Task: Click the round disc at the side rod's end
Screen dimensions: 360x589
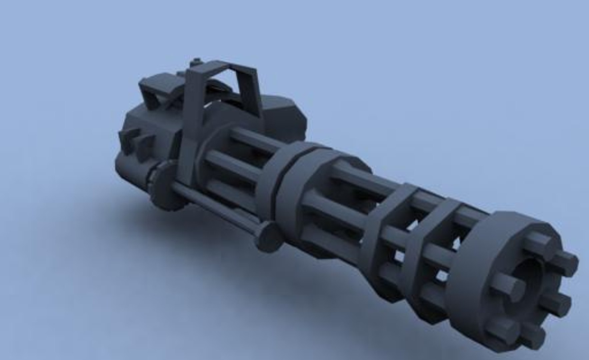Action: pyautogui.click(x=268, y=237)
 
